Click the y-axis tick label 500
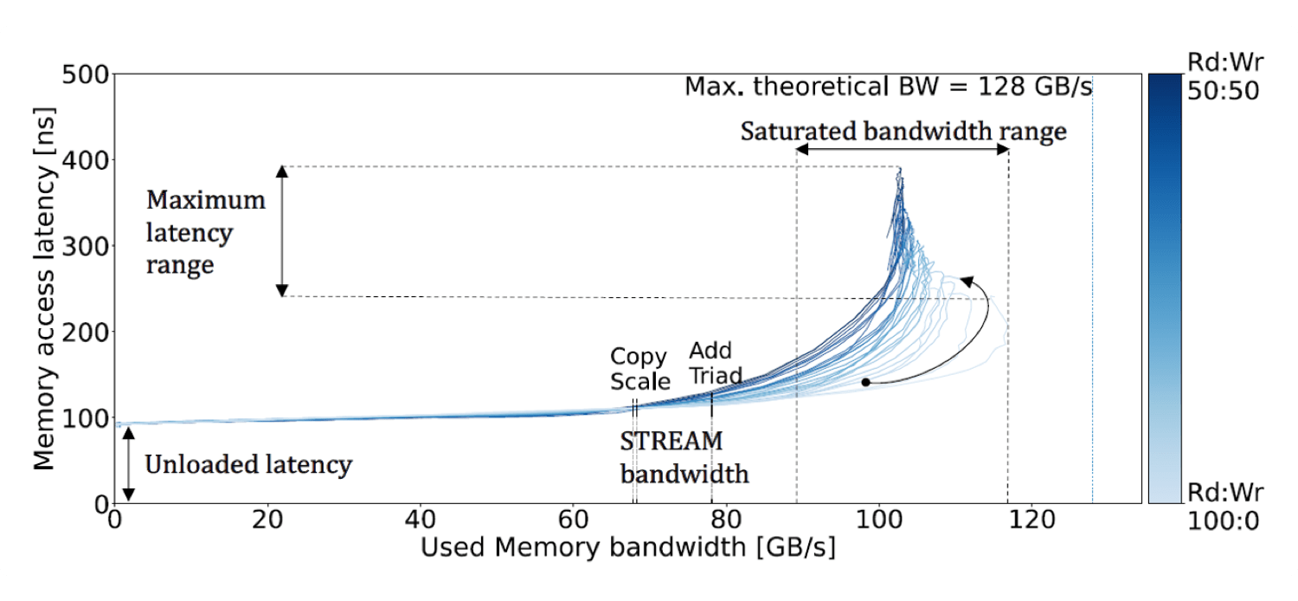(86, 75)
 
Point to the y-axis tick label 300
(86, 247)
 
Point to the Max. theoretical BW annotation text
(888, 87)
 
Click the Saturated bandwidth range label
(903, 132)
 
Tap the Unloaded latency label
(248, 465)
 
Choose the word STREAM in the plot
(671, 441)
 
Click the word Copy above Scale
(639, 357)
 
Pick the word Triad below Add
(716, 376)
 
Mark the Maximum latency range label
(205, 232)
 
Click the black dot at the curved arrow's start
(864, 382)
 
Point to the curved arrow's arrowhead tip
(964, 279)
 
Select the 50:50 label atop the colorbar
(1223, 91)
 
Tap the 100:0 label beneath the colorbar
(1223, 521)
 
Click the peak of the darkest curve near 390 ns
(899, 169)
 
